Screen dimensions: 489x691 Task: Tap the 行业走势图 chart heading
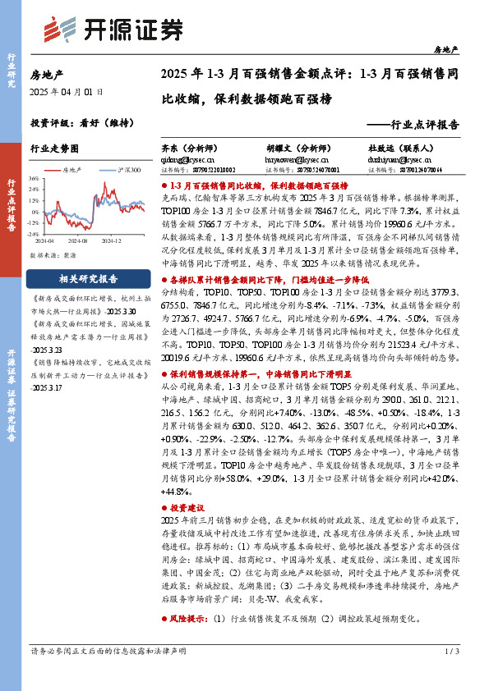click(54, 149)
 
